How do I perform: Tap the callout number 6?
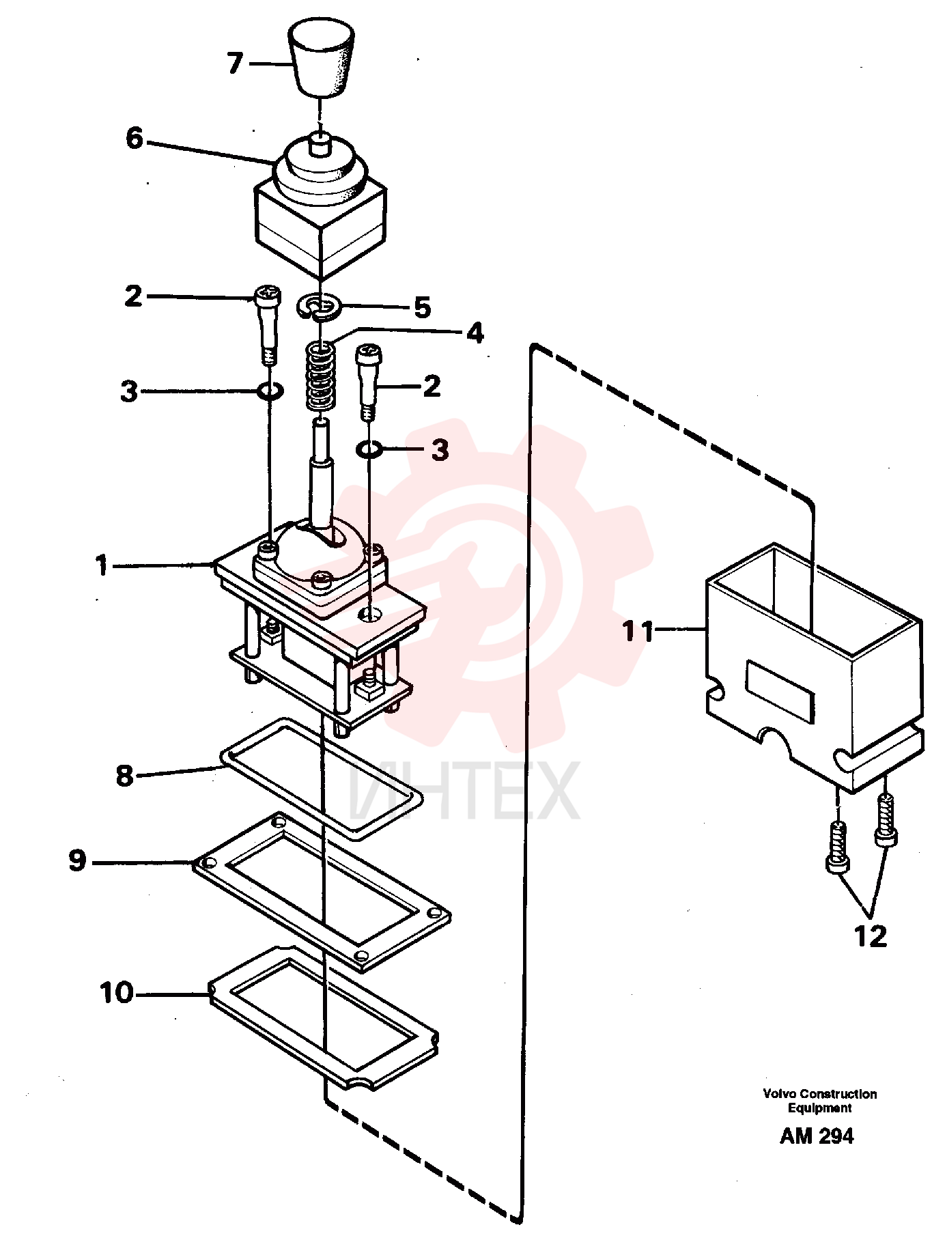coord(134,139)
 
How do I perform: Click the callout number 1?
coord(102,566)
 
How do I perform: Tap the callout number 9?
coord(77,860)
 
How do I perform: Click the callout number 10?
coord(117,993)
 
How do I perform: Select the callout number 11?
coord(638,631)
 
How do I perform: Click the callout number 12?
coord(871,935)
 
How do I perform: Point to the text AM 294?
coord(817,1136)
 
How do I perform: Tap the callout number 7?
coord(235,64)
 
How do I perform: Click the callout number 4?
coord(475,333)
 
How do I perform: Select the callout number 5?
coord(423,307)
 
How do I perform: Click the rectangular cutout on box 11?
coord(781,691)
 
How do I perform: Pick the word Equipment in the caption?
coord(819,1108)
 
